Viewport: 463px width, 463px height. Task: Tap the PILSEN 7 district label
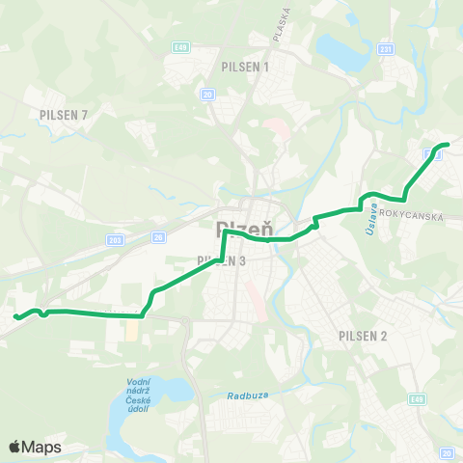point(64,115)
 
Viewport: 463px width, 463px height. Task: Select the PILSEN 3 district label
point(222,260)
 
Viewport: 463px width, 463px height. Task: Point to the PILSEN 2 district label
point(363,336)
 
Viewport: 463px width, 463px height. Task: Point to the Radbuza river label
point(246,395)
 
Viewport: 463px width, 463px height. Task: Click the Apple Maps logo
point(35,447)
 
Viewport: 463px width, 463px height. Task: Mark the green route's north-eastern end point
point(447,145)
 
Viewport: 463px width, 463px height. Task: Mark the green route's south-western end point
point(15,315)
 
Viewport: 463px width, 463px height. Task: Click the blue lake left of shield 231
point(338,46)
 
